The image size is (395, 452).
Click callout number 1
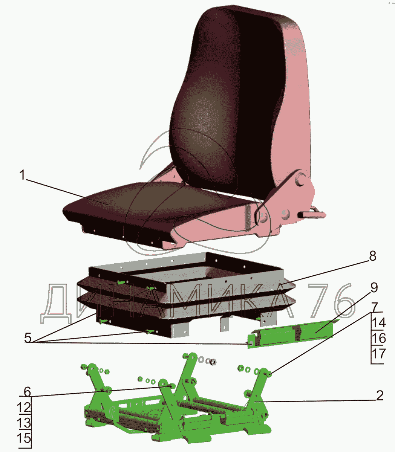click(x=22, y=175)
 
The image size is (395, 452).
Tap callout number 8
click(x=372, y=257)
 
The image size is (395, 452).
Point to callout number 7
click(x=374, y=307)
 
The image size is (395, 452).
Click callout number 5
click(x=28, y=338)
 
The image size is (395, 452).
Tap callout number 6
click(x=27, y=392)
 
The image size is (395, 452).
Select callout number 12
click(x=24, y=408)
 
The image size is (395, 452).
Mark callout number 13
click(x=24, y=423)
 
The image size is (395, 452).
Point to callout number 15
click(x=24, y=438)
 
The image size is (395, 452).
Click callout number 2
click(x=380, y=395)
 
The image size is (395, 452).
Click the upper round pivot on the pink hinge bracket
click(x=300, y=180)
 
